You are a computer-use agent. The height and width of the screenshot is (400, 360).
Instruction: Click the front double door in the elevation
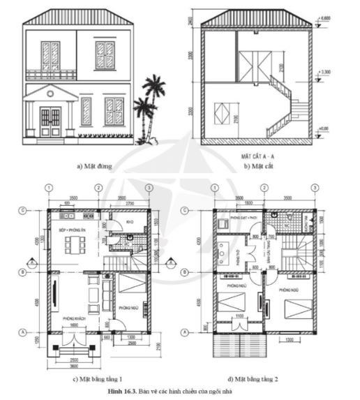coord(50,121)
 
